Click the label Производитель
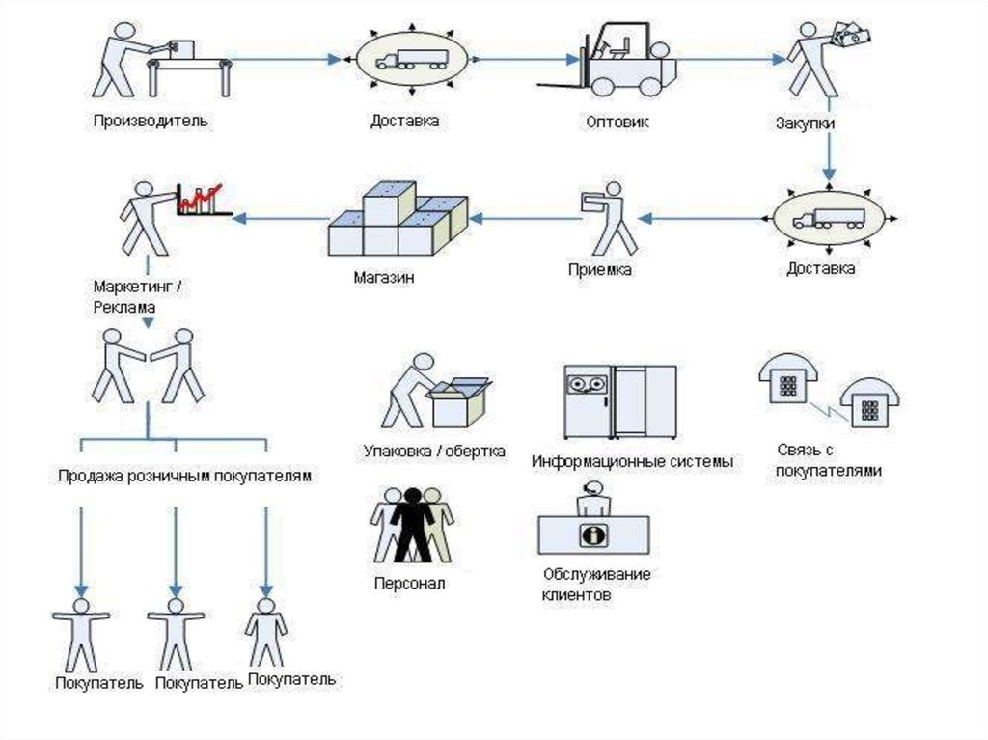tap(151, 122)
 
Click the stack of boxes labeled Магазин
tap(397, 224)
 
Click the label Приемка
tap(599, 270)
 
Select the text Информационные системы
tap(632, 461)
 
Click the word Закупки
tap(805, 124)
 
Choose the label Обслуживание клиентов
tap(596, 585)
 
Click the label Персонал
tap(409, 584)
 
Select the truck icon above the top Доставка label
tap(412, 60)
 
